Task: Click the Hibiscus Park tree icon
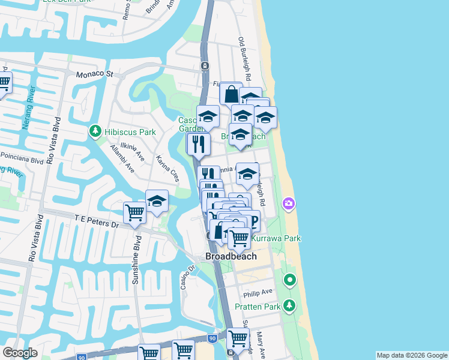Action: click(x=95, y=131)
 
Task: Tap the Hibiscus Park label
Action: click(x=130, y=132)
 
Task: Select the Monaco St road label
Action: click(x=94, y=74)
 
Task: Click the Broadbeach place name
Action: click(x=231, y=256)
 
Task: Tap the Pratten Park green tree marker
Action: click(x=290, y=306)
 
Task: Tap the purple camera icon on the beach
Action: click(x=289, y=204)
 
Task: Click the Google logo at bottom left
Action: click(x=20, y=353)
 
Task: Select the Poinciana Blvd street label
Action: click(x=22, y=158)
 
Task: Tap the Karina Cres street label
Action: click(x=167, y=169)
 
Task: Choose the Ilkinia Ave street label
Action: click(x=133, y=150)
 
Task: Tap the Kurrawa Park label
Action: click(x=276, y=239)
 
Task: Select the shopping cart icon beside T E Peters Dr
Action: click(x=134, y=212)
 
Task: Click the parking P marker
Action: click(x=253, y=222)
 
